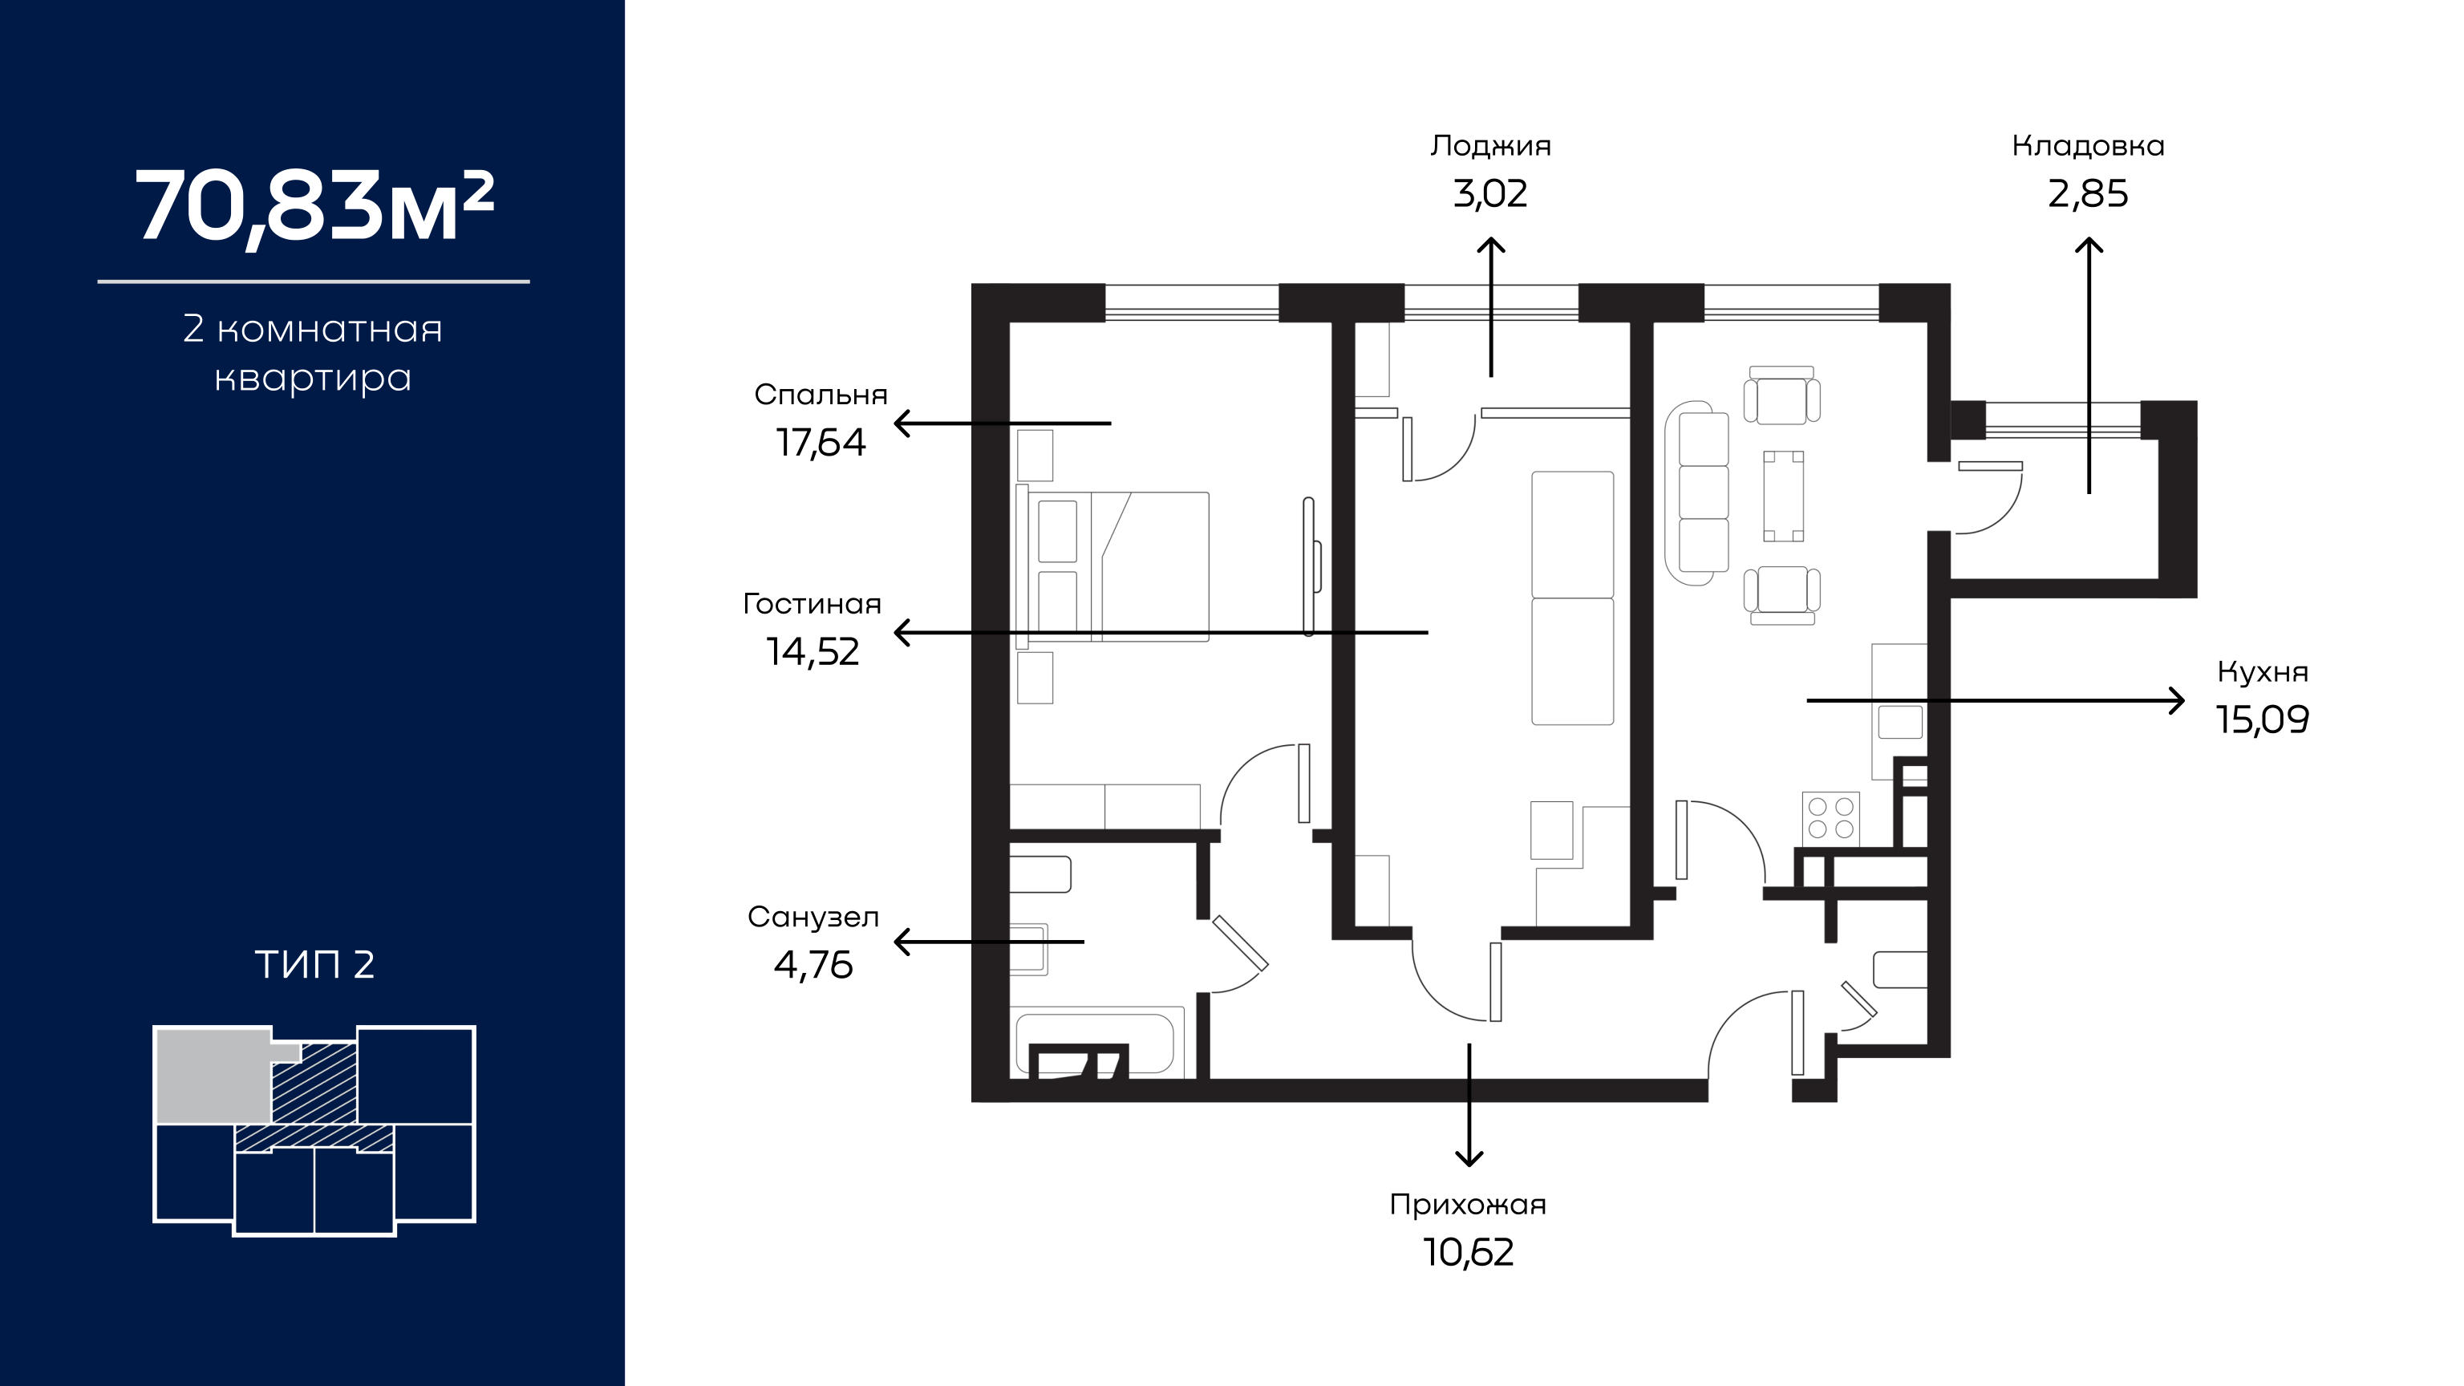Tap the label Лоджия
1490,146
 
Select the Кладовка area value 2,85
2088,194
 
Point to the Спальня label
821,395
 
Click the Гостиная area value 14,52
813,652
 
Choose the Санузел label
813,918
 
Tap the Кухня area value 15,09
2263,719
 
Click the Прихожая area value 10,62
1469,1253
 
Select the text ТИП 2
314,964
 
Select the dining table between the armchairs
1784,496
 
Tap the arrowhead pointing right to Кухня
2177,701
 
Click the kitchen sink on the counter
1899,722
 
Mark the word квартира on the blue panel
313,379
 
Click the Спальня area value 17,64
821,443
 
